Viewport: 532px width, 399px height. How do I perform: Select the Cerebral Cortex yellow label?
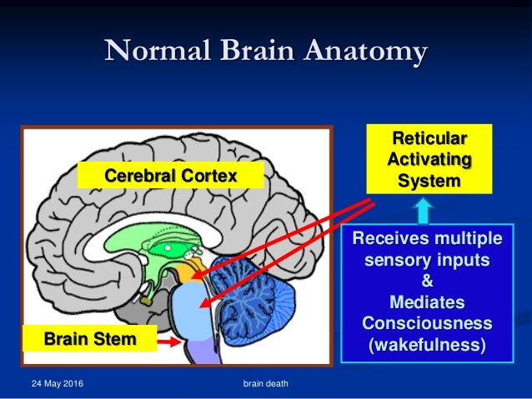[x=170, y=176]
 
